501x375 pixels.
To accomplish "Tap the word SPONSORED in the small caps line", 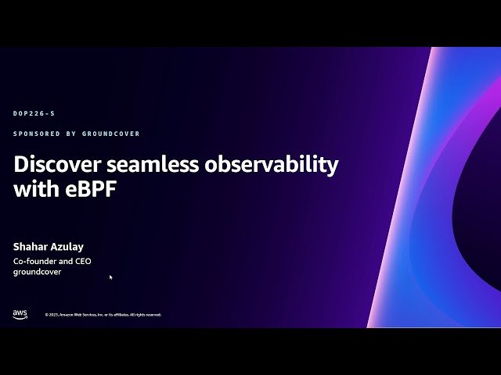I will click(x=35, y=134).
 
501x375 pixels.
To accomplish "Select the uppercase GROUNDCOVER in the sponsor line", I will click(x=112, y=134).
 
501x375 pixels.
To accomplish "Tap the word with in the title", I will click(x=35, y=189).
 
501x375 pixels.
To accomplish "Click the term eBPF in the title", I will click(x=89, y=189).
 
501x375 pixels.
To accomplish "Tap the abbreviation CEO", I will click(x=82, y=261).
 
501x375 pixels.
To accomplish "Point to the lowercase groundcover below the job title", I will click(x=38, y=272).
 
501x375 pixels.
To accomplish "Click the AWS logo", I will click(x=20, y=314).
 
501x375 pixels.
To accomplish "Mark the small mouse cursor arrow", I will click(x=110, y=277).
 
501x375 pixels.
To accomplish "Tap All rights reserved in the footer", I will click(x=145, y=315).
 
